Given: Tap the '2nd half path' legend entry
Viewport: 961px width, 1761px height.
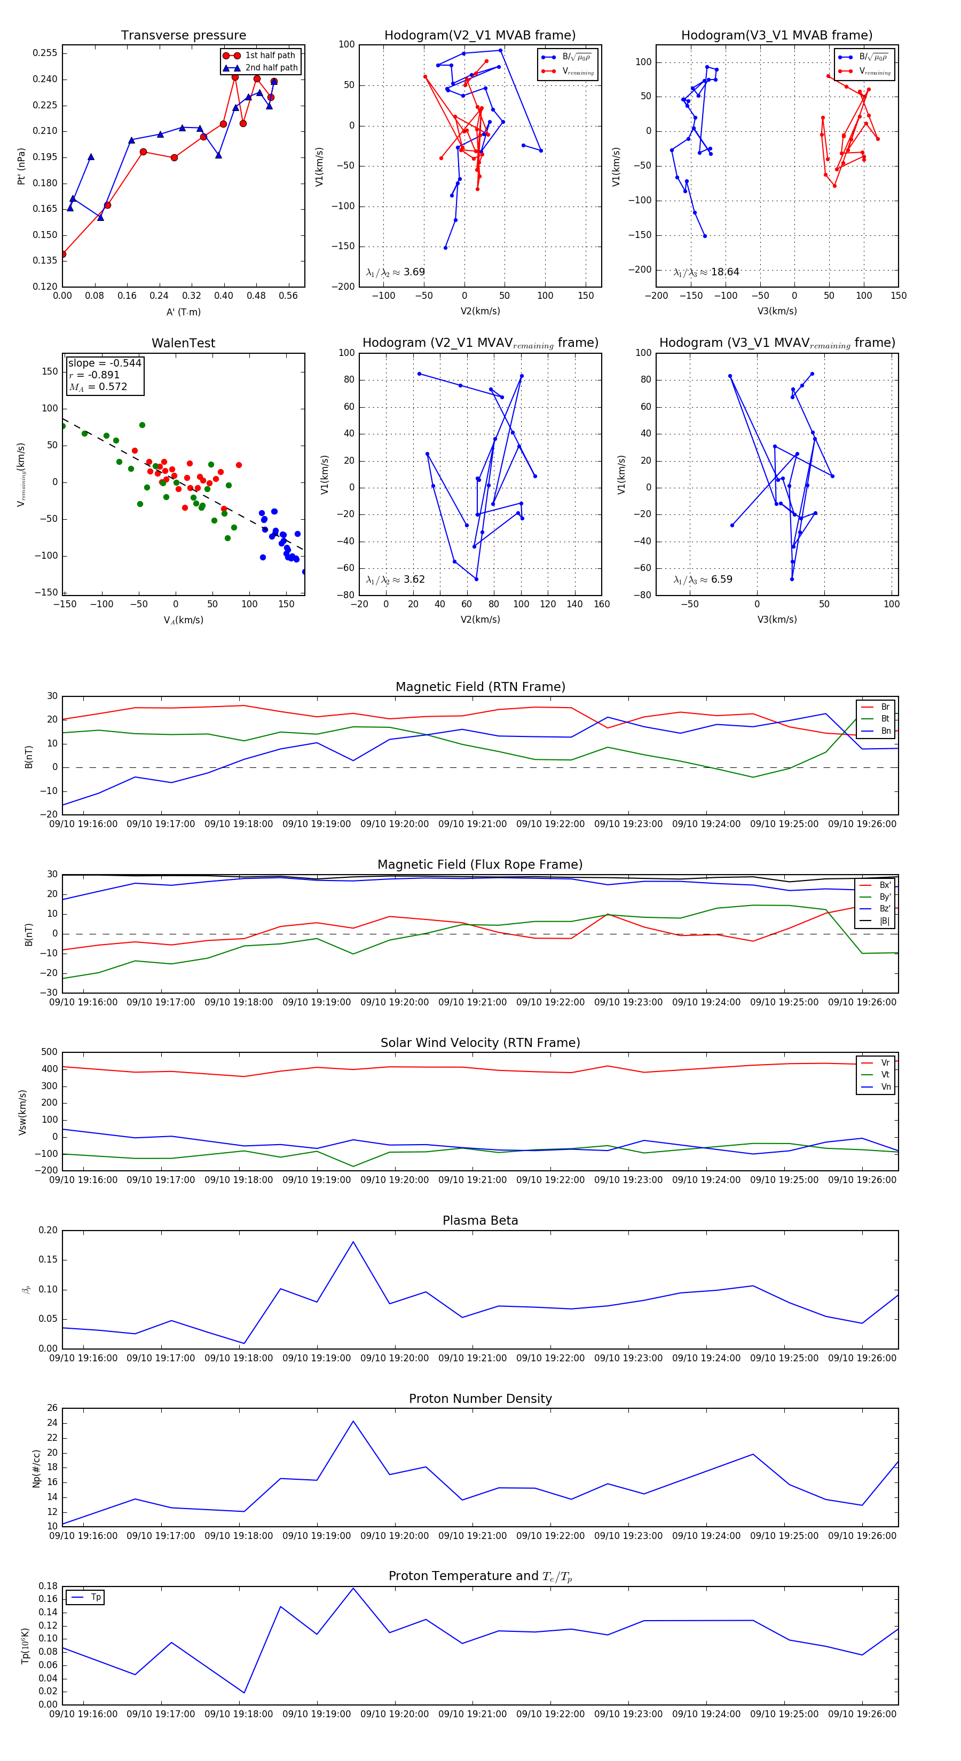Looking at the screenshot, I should (x=271, y=68).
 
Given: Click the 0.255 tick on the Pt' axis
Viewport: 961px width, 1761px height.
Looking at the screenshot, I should (x=45, y=53).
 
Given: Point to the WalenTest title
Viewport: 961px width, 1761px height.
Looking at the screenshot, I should (x=183, y=343).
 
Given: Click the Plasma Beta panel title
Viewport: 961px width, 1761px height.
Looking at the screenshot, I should (x=480, y=1221).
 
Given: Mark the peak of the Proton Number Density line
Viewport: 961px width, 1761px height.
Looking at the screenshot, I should (x=353, y=1421).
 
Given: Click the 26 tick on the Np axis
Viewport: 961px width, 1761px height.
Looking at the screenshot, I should (x=52, y=1408).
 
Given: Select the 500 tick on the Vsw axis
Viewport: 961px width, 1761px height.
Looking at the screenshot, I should (x=49, y=1052).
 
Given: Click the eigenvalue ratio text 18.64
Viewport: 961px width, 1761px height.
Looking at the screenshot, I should (x=724, y=272).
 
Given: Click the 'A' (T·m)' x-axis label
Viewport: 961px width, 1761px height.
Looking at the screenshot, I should (x=183, y=312).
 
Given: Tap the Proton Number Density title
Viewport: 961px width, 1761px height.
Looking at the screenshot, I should (x=480, y=1399).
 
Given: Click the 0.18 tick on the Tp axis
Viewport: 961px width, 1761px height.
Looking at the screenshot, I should (x=47, y=1586).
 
